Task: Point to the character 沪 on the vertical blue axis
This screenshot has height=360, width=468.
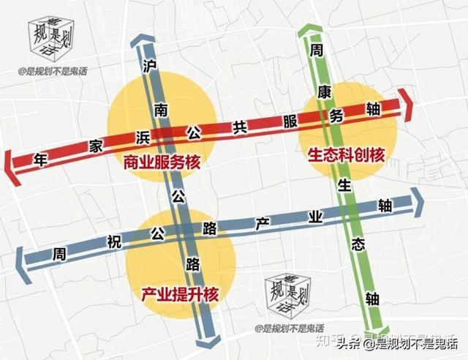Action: click(151, 67)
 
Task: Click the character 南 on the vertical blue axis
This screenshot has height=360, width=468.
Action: click(160, 109)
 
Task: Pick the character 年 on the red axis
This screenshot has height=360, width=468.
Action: click(40, 160)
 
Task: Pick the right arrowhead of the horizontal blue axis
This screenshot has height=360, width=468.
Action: click(419, 203)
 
